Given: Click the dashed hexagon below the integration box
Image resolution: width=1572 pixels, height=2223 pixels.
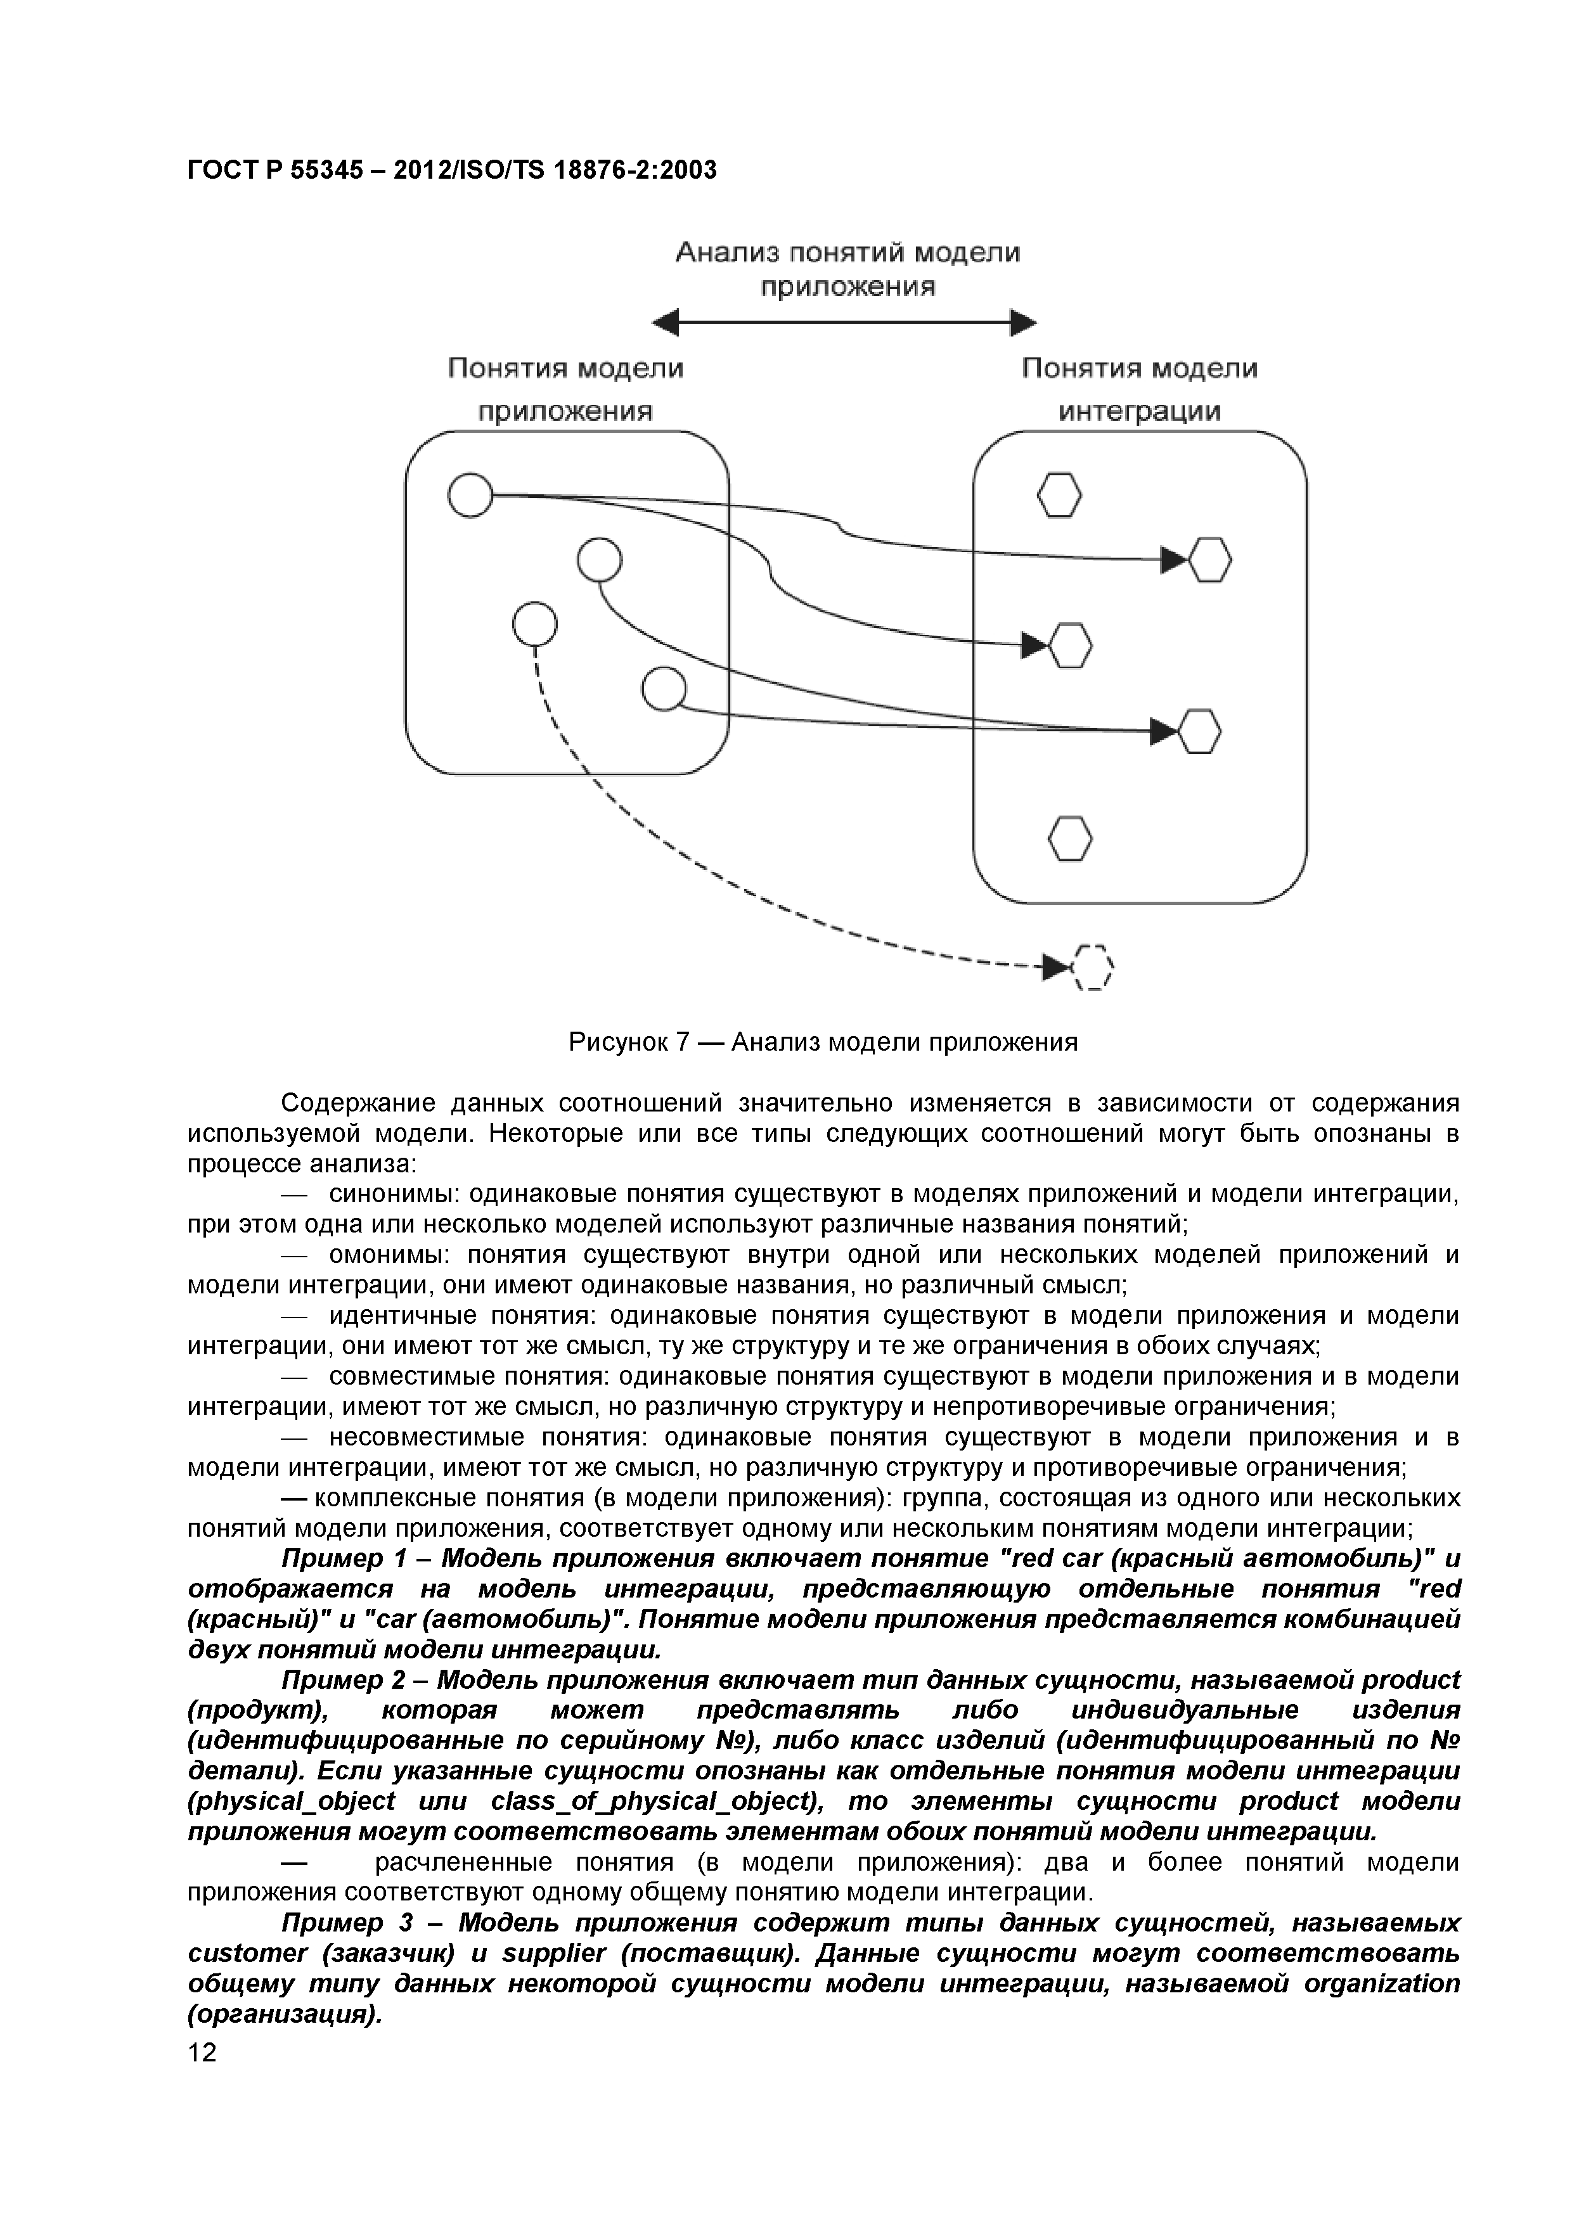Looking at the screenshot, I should click(x=1093, y=966).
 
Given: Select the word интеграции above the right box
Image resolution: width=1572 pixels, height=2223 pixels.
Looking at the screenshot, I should click(x=1139, y=411).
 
